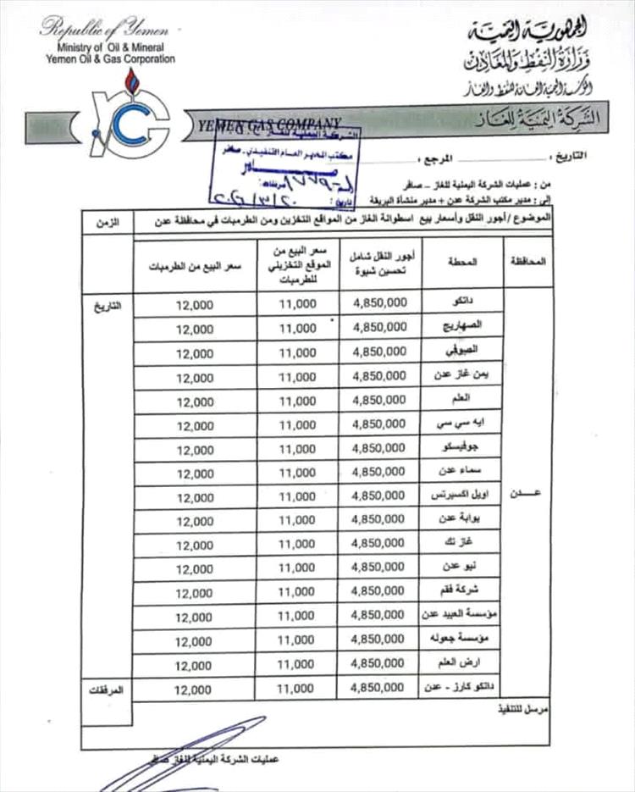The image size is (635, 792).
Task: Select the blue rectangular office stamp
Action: point(284,166)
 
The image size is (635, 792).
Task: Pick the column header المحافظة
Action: point(529,263)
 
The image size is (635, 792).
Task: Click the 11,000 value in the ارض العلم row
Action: point(296,665)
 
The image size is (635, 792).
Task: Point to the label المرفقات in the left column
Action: point(107,690)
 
